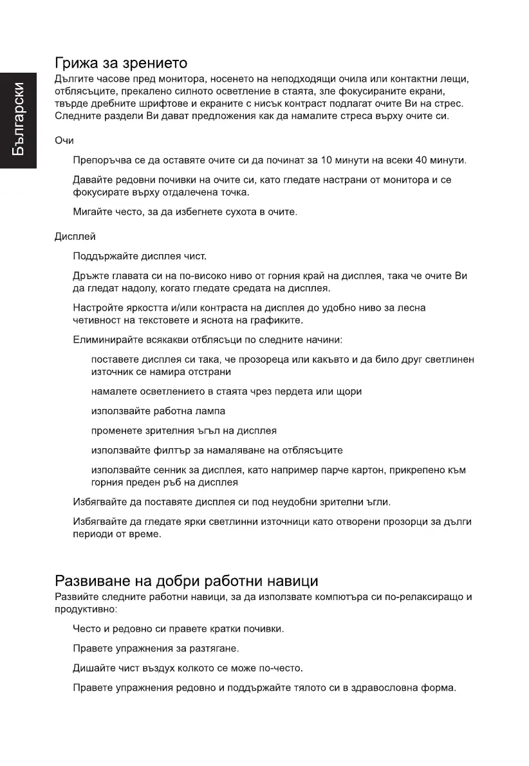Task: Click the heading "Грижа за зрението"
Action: point(121,63)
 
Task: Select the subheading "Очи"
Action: point(64,140)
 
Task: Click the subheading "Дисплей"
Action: point(75,237)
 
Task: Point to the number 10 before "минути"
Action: point(326,160)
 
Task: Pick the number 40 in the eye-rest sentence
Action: point(422,160)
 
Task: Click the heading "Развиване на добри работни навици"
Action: point(186,581)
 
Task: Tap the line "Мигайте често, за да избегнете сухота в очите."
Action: point(185,212)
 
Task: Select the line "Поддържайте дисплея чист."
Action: point(140,257)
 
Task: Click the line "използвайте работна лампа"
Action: point(158,410)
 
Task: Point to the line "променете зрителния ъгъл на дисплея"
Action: point(184,430)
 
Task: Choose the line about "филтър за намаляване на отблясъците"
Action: point(217,450)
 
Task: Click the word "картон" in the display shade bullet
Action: point(364,470)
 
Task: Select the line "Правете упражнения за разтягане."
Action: point(156,648)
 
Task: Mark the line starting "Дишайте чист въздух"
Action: point(188,668)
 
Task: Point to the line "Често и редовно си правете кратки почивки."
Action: point(178,628)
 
